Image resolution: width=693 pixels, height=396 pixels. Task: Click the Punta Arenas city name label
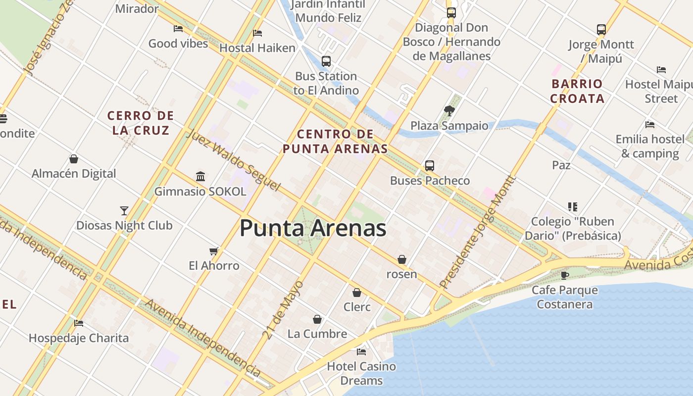[x=313, y=228]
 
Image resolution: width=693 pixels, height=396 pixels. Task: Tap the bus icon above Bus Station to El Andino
[x=326, y=61]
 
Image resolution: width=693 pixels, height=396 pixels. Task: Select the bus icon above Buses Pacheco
[x=430, y=166]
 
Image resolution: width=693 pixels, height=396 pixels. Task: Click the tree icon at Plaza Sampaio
[x=449, y=111]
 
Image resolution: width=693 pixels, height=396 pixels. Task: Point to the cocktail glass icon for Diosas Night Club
[x=124, y=211]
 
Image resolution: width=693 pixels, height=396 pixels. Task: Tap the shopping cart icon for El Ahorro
[x=214, y=251]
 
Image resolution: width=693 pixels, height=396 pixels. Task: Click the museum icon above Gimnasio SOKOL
[x=200, y=176]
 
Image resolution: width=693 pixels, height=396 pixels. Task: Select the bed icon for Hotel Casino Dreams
[x=361, y=352]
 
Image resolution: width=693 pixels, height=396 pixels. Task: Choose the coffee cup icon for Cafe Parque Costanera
[x=565, y=275]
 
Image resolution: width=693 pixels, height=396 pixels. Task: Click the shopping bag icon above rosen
[x=402, y=259]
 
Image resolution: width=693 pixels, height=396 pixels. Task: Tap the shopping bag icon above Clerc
[x=357, y=293]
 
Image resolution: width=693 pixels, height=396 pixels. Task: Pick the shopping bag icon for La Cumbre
[x=317, y=319]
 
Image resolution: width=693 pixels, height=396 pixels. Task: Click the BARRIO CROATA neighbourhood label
[x=577, y=91]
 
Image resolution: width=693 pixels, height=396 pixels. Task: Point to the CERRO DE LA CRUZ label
[x=141, y=123]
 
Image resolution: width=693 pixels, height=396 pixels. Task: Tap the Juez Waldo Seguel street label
[x=234, y=160]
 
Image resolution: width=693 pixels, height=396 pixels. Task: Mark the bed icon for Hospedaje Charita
[x=79, y=324]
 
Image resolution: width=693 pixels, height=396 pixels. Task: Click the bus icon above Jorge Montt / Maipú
[x=601, y=30]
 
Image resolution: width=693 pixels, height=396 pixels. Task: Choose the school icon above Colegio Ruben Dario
[x=573, y=207]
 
